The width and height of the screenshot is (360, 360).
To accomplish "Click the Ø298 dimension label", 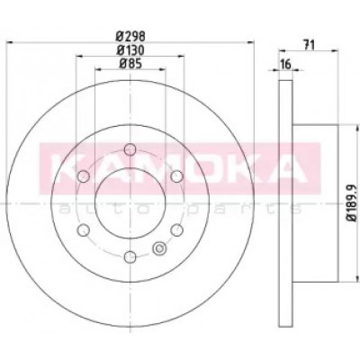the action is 130,37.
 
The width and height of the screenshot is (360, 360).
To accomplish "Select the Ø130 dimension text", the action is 130,50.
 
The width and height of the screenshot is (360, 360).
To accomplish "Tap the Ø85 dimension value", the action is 130,64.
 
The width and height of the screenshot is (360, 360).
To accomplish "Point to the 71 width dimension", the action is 309,45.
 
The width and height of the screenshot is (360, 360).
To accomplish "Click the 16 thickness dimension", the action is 286,64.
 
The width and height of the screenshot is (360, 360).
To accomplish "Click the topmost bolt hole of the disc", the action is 130,149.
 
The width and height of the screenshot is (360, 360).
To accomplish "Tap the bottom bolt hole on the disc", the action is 130,256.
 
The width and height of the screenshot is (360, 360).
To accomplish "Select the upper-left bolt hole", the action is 84,176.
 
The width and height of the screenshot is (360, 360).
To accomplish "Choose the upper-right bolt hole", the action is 176,176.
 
